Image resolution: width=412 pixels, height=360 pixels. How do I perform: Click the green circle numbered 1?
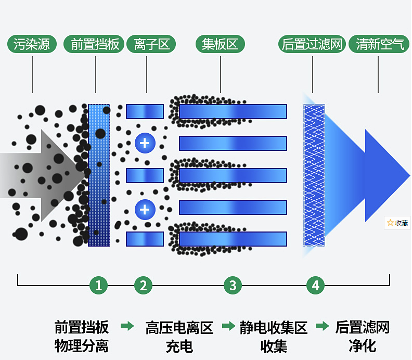pos(98,285)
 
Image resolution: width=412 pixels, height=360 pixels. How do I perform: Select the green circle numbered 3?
pos(233,285)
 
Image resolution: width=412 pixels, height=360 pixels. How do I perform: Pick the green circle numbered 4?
pos(315,285)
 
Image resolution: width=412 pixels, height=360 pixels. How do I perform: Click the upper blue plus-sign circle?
pos(145,143)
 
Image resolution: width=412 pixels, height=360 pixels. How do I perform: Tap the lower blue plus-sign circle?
pos(145,210)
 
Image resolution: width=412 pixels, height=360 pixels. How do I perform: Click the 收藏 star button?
pos(397,223)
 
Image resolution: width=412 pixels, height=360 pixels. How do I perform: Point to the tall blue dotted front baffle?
pos(99,175)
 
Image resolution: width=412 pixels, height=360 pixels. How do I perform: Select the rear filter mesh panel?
pos(314,175)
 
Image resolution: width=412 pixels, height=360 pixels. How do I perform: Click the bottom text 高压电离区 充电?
pos(179,337)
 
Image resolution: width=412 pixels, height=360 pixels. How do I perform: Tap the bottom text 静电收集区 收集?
pos(274,337)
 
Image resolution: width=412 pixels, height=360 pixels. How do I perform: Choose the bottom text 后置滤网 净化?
pos(363,337)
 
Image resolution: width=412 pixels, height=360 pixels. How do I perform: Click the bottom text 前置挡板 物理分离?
pos(82,337)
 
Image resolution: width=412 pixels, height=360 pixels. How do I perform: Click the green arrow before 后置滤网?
pos(323,327)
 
